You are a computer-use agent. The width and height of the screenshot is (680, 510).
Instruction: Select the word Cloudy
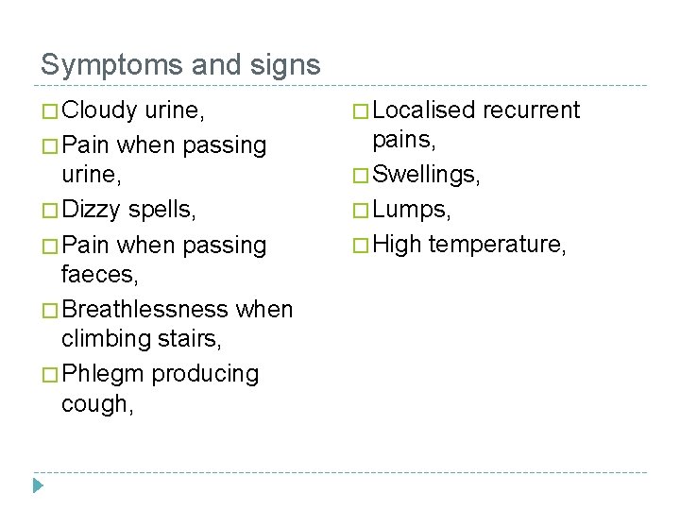(x=99, y=110)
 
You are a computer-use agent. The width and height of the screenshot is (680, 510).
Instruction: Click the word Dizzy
(x=93, y=209)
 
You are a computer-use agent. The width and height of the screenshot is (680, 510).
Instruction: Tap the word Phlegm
(x=103, y=374)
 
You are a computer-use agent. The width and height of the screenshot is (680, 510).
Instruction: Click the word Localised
(x=423, y=110)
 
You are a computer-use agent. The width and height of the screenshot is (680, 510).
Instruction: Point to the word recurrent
(x=531, y=110)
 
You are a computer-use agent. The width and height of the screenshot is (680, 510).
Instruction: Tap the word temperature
(x=496, y=245)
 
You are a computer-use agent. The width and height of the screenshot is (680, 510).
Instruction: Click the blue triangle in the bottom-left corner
(x=39, y=486)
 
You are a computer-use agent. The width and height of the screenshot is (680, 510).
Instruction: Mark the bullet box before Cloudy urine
(x=50, y=111)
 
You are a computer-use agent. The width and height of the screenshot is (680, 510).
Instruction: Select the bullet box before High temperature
(x=362, y=246)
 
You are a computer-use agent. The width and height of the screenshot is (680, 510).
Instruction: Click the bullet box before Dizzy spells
(x=50, y=210)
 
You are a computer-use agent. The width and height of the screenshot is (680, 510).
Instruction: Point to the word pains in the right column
(x=402, y=141)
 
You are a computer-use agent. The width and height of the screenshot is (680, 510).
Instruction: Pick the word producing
(x=205, y=374)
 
